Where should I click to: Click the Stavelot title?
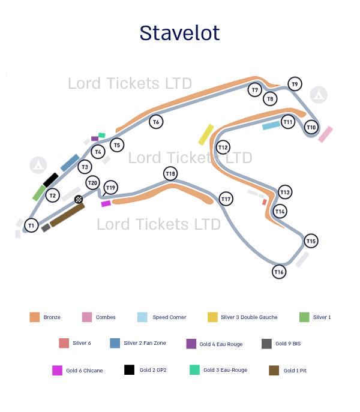coord(179,32)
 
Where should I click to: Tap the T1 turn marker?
coord(31,225)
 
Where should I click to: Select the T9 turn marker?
coord(295,84)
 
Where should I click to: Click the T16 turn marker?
coord(278,272)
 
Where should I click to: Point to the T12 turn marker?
coord(223,147)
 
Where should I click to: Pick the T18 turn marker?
coord(170,174)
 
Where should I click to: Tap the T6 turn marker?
coord(156,122)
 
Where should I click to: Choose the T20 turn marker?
coord(92,183)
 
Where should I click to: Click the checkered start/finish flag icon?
coord(79,199)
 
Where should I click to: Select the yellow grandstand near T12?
coord(206,134)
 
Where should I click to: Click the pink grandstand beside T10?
coord(325,134)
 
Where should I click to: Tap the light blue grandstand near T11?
coord(271,125)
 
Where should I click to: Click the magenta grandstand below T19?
coord(106,204)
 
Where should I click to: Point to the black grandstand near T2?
coord(50,180)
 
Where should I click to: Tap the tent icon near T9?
coord(319,95)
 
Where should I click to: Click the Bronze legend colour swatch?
coord(35,317)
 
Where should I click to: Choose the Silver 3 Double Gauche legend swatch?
coord(212,317)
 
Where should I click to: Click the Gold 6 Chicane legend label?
coord(84,371)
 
